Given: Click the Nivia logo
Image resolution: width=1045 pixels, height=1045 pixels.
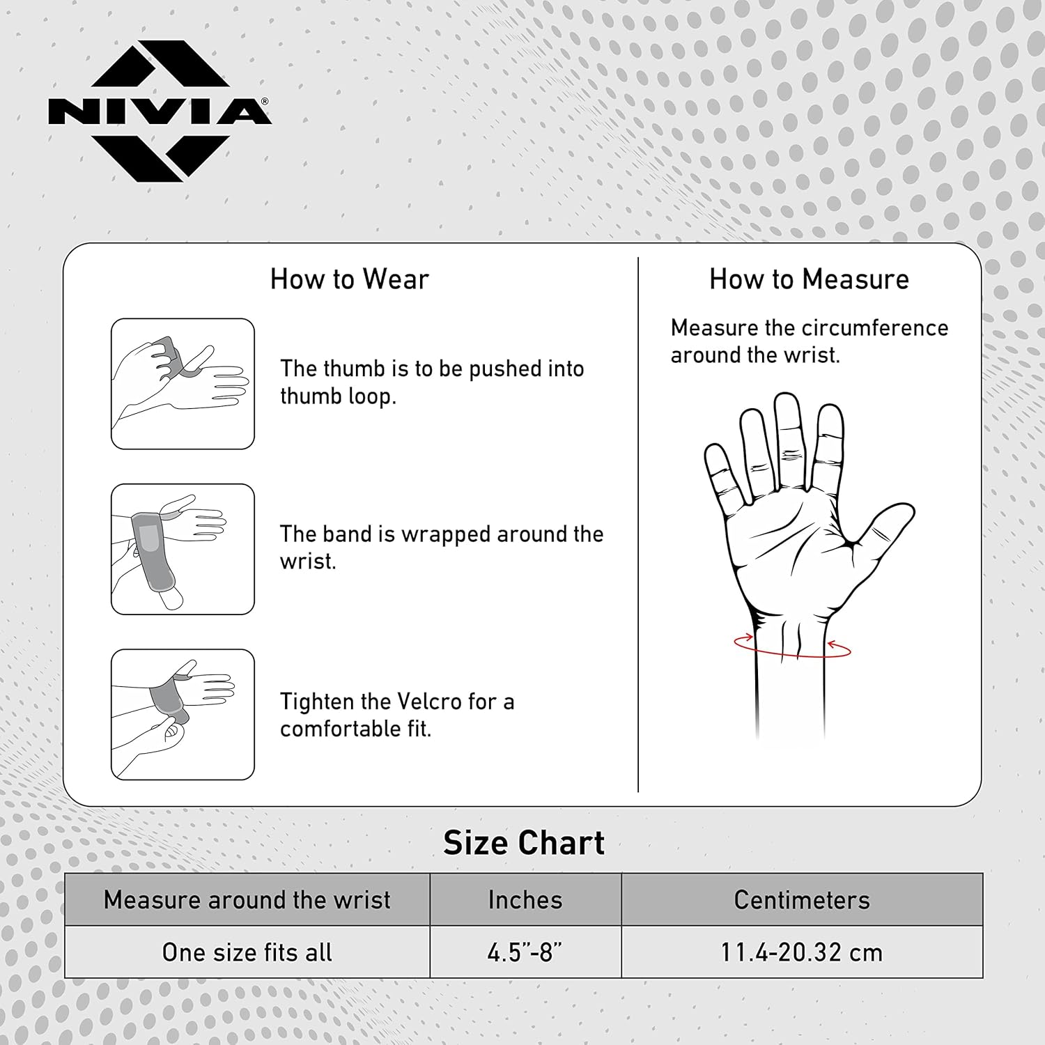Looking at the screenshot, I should (x=160, y=111).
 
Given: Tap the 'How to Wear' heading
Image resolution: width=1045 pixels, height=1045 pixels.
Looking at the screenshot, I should (x=349, y=279).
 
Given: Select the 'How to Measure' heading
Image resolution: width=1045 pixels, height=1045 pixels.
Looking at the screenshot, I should (x=809, y=279).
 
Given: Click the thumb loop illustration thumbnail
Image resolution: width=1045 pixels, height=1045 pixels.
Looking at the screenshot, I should (x=183, y=384).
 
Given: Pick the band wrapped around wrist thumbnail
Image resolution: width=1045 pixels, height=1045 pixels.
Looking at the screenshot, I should (x=183, y=549).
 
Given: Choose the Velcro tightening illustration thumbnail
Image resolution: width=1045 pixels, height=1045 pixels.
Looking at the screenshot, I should (x=183, y=714).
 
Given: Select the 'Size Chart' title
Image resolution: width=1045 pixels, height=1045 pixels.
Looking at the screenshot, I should (x=524, y=843).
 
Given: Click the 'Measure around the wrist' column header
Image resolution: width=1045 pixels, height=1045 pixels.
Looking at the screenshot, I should (x=247, y=900).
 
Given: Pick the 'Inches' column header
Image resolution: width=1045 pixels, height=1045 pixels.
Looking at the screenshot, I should (x=525, y=900).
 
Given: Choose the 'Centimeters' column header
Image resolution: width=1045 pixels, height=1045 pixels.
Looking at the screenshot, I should (x=802, y=900).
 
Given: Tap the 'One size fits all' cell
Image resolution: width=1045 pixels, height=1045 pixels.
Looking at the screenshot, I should (x=247, y=952).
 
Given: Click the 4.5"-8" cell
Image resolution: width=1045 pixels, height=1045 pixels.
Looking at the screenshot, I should (x=525, y=952).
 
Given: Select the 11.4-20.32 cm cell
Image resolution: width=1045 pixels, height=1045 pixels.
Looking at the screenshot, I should (x=802, y=952).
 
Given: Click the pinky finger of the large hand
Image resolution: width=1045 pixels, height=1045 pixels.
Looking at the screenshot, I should (x=722, y=474).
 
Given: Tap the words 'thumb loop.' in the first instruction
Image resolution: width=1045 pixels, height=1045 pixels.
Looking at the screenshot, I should (x=338, y=396).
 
